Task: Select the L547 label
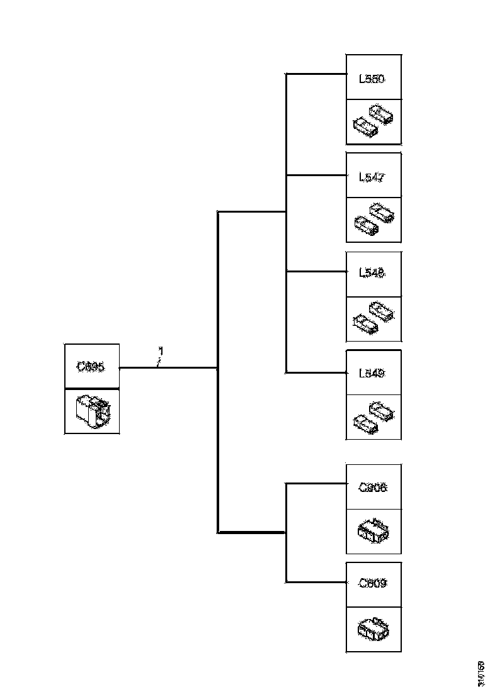coord(372,177)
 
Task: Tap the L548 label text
coord(372,273)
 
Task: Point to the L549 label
coord(372,373)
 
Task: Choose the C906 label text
coord(372,487)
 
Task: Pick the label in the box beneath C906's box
coord(372,583)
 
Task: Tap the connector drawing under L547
coord(373,219)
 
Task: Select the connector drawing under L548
coord(373,317)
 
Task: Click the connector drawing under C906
coord(373,532)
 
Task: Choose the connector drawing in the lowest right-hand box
coord(373,628)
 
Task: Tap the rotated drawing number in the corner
coord(481,673)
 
